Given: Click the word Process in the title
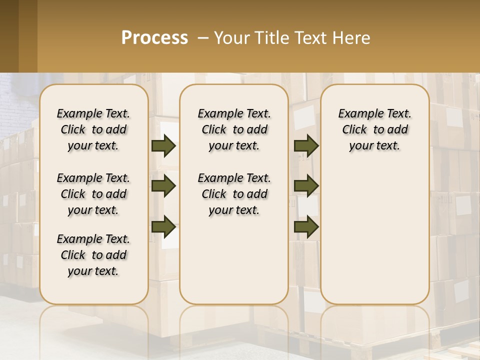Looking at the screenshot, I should pyautogui.click(x=154, y=38).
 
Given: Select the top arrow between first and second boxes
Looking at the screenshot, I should pyautogui.click(x=163, y=145).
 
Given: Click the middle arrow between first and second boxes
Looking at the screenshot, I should pyautogui.click(x=163, y=186).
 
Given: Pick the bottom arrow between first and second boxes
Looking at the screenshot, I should pyautogui.click(x=163, y=227).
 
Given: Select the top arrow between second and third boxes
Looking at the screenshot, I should pyautogui.click(x=306, y=145).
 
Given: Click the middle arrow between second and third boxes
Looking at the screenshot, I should pyautogui.click(x=306, y=186).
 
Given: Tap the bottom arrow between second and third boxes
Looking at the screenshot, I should pyautogui.click(x=306, y=227).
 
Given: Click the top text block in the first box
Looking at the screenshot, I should pyautogui.click(x=93, y=129).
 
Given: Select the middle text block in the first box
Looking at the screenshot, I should pyautogui.click(x=93, y=194).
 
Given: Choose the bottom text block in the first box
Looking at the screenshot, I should pyautogui.click(x=93, y=255).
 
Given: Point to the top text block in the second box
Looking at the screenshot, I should pyautogui.click(x=234, y=129).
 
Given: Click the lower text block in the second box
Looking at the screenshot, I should pyautogui.click(x=234, y=194).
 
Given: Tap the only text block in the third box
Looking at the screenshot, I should pyautogui.click(x=374, y=129).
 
